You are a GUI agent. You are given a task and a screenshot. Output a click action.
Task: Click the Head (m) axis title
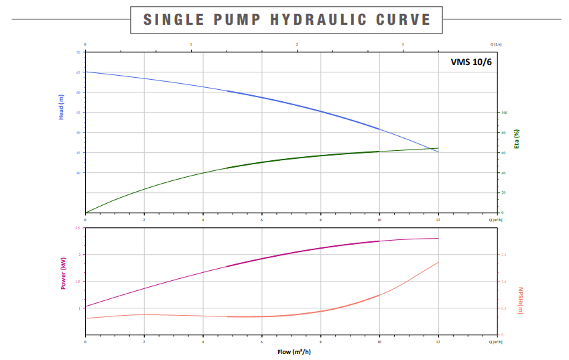(x=62, y=107)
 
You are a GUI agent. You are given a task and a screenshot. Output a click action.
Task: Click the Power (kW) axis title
(x=64, y=274)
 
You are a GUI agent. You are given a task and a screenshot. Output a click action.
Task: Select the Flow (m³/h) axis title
(x=294, y=351)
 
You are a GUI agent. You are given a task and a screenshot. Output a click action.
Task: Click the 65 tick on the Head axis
(x=78, y=72)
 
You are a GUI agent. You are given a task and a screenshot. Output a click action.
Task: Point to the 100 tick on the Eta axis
(x=505, y=113)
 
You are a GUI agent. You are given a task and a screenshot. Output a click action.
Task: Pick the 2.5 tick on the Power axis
(x=78, y=229)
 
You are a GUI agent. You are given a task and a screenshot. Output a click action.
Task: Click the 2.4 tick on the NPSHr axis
(x=503, y=255)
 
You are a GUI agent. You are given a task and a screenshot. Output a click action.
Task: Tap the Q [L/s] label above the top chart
(x=496, y=44)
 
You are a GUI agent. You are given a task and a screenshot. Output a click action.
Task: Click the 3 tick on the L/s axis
(x=403, y=44)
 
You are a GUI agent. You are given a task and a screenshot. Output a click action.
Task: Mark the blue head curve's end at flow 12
(x=438, y=152)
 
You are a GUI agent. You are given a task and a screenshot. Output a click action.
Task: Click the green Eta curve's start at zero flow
(x=85, y=213)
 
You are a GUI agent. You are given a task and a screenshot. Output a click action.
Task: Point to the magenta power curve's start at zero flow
(x=85, y=306)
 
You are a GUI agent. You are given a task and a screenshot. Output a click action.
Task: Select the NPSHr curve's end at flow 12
(x=438, y=262)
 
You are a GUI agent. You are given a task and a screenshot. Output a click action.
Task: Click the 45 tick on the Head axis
(x=78, y=152)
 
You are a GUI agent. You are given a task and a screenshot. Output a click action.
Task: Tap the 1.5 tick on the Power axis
(x=78, y=282)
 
